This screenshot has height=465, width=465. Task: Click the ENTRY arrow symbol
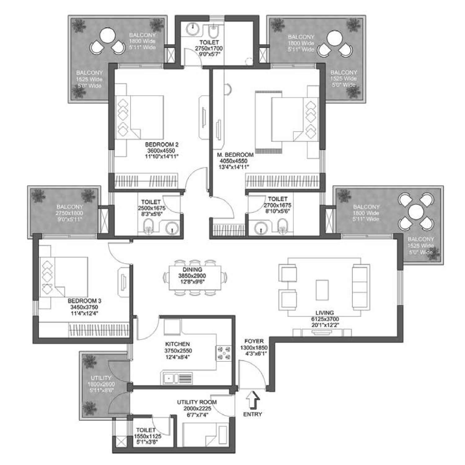tap(253, 401)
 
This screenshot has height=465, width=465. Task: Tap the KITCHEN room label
tap(177, 344)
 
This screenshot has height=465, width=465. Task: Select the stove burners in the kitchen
tap(224, 353)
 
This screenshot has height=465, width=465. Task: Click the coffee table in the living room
tap(322, 290)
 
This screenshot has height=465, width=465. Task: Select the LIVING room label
tap(325, 313)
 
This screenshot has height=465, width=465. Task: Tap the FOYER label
tap(254, 341)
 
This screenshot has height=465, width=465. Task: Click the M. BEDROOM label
tap(235, 155)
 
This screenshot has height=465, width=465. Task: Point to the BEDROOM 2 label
tap(162, 144)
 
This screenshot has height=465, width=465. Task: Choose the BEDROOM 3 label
tap(84, 301)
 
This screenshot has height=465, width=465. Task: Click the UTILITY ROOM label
tap(197, 402)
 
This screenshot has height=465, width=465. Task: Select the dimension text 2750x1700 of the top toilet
tap(209, 48)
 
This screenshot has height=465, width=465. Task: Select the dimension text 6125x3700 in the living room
tap(325, 319)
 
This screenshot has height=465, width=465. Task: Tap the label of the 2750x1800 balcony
tap(69, 213)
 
